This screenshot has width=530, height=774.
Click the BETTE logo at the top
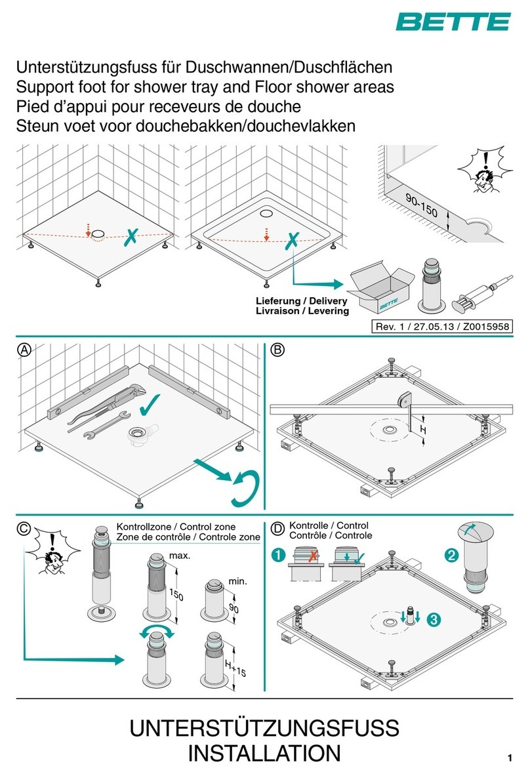(453, 22)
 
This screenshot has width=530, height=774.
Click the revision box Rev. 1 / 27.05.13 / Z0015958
(441, 326)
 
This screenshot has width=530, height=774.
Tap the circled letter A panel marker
(24, 350)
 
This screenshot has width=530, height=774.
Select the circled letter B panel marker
(278, 350)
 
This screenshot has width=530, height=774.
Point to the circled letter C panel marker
(24, 529)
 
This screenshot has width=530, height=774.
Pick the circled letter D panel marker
(278, 529)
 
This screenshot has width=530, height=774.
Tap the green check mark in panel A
(150, 404)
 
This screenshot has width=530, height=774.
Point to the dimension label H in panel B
(423, 430)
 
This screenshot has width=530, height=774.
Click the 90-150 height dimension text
(421, 205)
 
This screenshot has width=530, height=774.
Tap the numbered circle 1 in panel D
(279, 555)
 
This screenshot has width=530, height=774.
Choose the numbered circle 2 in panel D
(451, 556)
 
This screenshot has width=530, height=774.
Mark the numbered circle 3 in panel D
(434, 619)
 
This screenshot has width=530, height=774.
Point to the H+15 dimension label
(235, 668)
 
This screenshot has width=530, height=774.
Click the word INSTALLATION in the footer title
(264, 753)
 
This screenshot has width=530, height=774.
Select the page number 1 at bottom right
(510, 758)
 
